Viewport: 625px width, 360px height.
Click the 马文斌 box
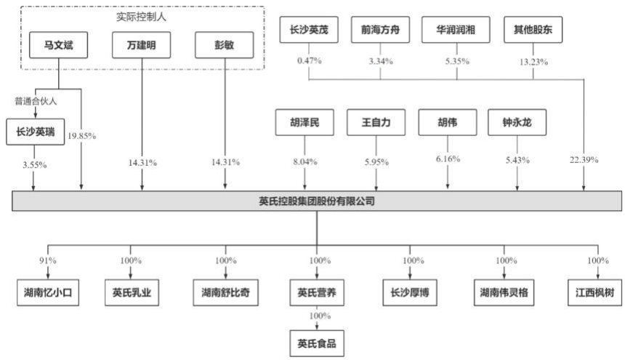point(58,47)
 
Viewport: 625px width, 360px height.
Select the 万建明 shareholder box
point(142,47)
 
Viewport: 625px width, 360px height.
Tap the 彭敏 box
point(225,47)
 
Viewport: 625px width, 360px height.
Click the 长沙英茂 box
point(309,31)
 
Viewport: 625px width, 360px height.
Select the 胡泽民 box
point(304,123)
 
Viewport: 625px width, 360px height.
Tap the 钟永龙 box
point(517,123)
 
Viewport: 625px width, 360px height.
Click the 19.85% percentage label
point(81,135)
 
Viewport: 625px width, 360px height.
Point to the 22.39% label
point(584,160)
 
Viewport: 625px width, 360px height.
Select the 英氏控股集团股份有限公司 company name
point(316,201)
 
